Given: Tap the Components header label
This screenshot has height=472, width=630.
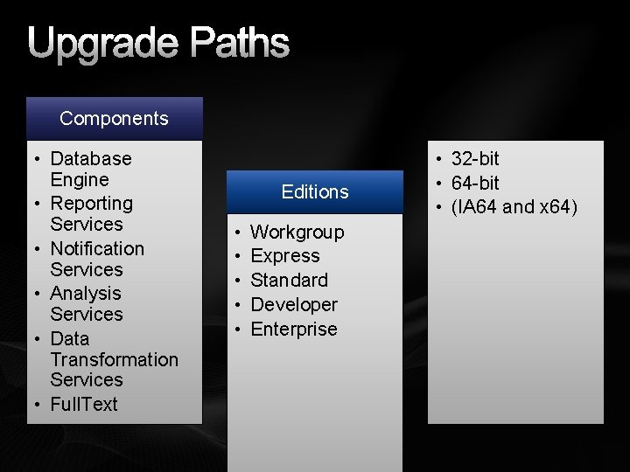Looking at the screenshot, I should pos(114,118).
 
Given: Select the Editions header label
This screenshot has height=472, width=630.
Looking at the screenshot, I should pos(315,191).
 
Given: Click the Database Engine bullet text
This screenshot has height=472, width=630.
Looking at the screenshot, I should pos(90,169).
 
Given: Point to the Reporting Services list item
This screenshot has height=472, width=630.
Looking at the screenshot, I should pos(91,213).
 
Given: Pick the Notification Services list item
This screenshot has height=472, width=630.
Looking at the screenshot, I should pos(96,259).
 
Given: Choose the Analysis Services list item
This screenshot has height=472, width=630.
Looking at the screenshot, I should pos(86,303).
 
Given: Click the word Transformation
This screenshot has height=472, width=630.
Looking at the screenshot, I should pos(114,359).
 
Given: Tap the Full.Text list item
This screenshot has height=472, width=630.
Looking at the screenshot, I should pos(84,404).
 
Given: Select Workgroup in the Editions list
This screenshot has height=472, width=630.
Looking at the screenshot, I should pos(297,232).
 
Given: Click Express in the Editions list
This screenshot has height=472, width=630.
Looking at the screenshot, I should pos(285,256).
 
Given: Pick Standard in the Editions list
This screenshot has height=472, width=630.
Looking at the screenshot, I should pos(289,281).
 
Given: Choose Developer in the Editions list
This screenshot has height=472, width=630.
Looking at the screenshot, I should pos(294,304).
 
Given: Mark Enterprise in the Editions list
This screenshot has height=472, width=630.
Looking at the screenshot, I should pos(294,329).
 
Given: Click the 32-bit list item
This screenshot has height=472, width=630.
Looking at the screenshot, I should pos(475,158).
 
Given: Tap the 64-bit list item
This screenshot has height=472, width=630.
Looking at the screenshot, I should pos(475,183).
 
